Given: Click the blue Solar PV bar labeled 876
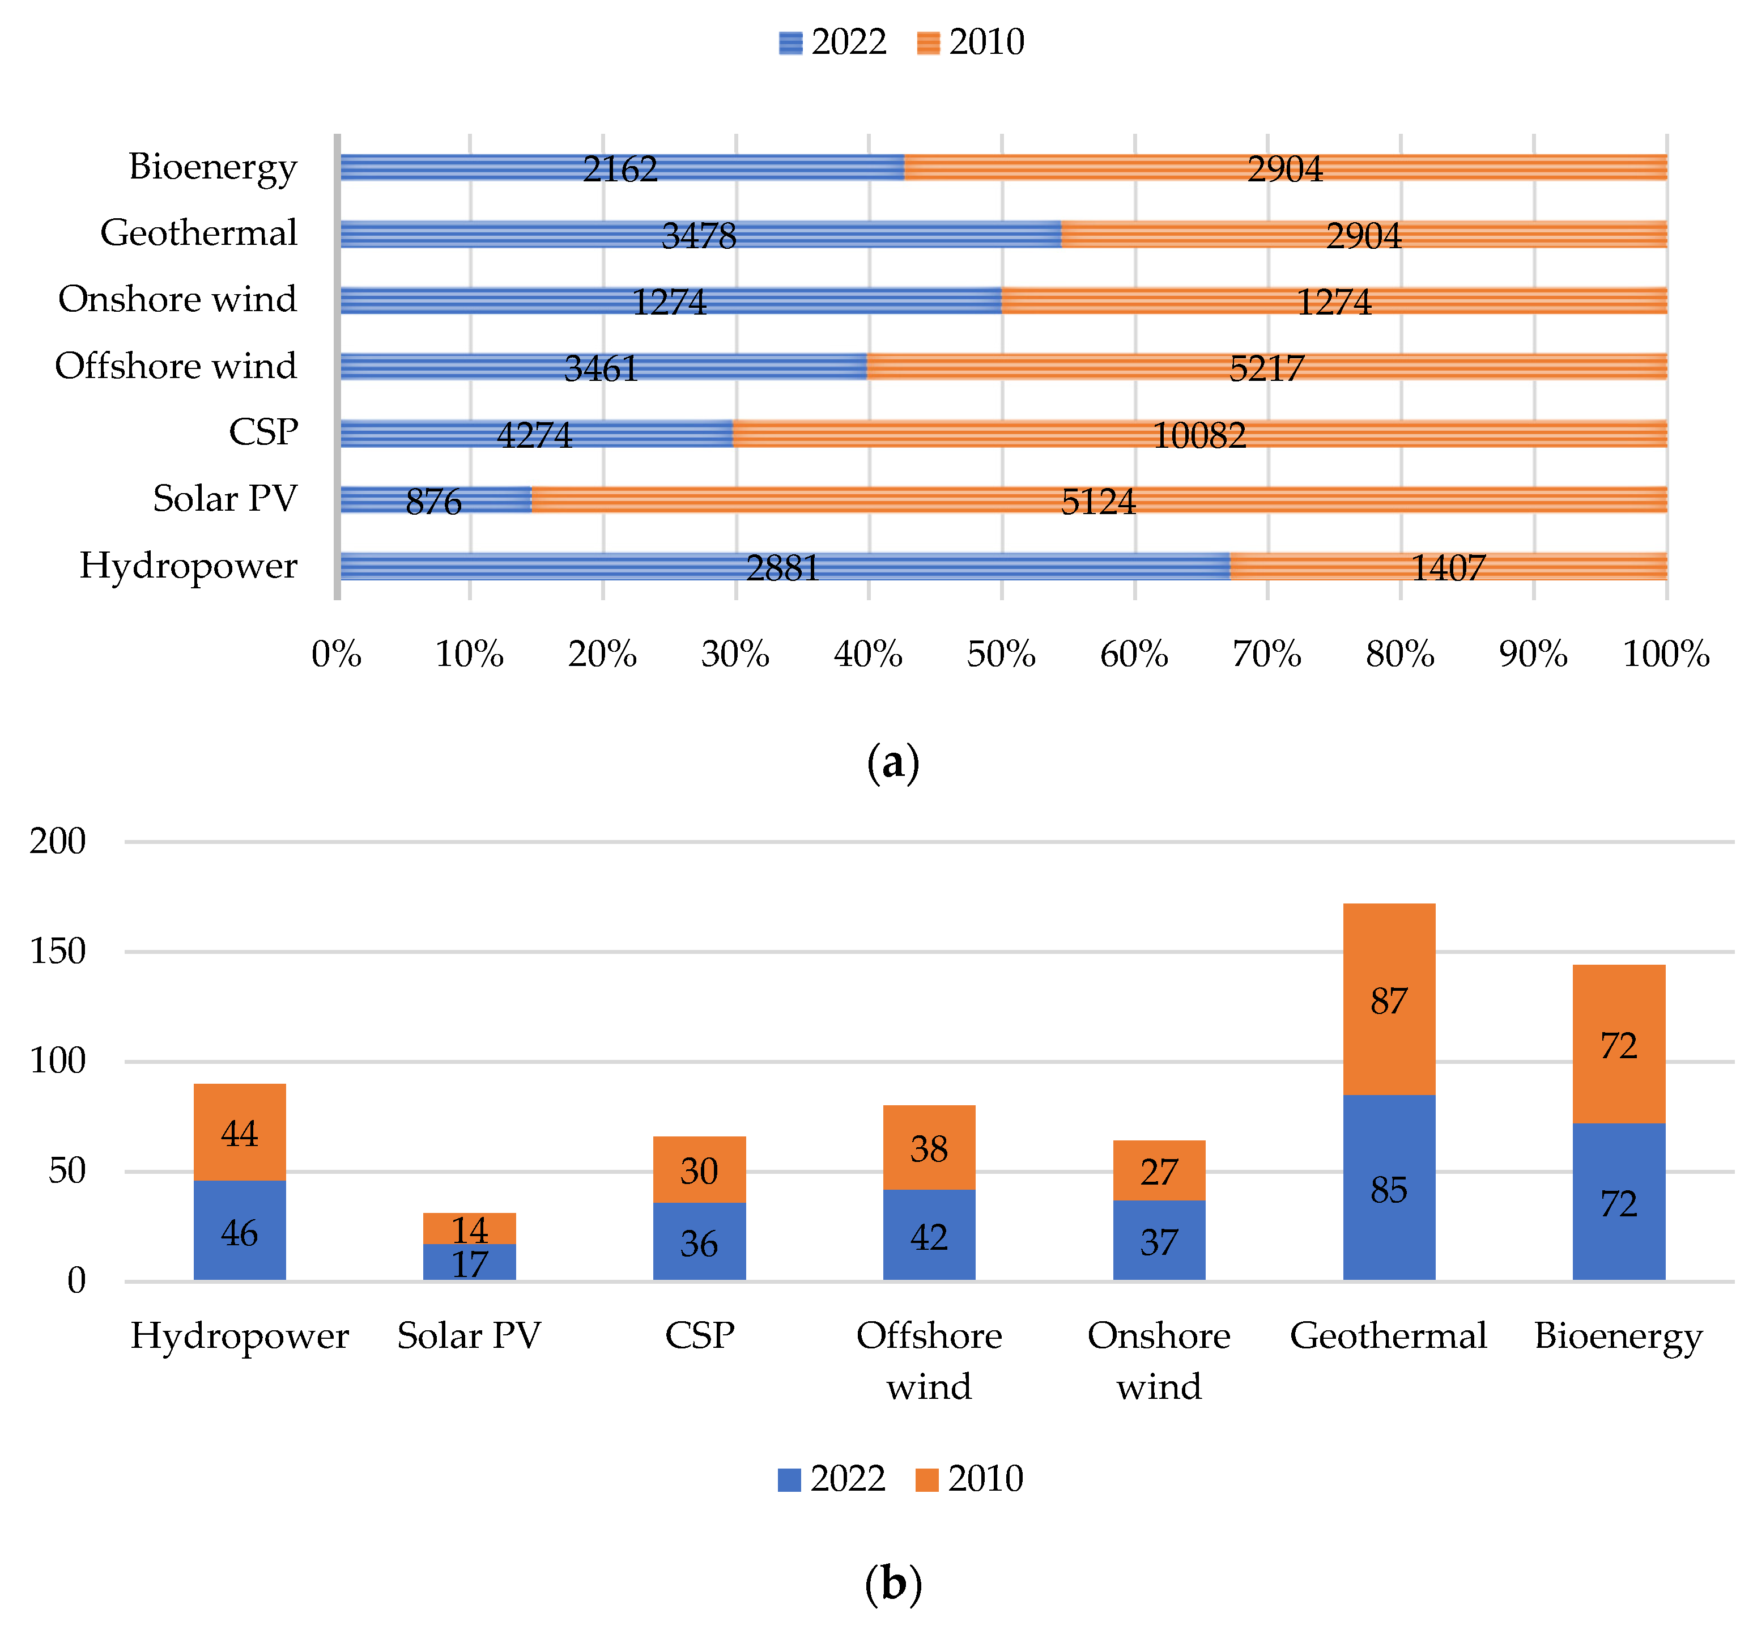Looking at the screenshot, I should tap(435, 499).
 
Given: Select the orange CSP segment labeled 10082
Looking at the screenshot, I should tap(1198, 434).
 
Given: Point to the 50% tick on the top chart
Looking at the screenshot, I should tap(1001, 654).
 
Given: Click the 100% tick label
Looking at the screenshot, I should tap(1665, 654).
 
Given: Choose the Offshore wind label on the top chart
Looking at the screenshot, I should tap(176, 366).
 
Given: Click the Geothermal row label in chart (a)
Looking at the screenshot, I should tap(199, 233).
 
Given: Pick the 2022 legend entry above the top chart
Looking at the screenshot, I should tap(832, 42).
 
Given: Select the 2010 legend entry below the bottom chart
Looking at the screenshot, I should tap(969, 1479).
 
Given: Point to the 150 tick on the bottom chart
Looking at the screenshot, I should tap(58, 952).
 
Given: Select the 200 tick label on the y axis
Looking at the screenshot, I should tap(58, 842).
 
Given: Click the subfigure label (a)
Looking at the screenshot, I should tap(892, 762).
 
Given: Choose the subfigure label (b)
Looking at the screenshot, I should tap(892, 1584).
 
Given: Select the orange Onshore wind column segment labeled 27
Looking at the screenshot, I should tap(1158, 1171).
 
